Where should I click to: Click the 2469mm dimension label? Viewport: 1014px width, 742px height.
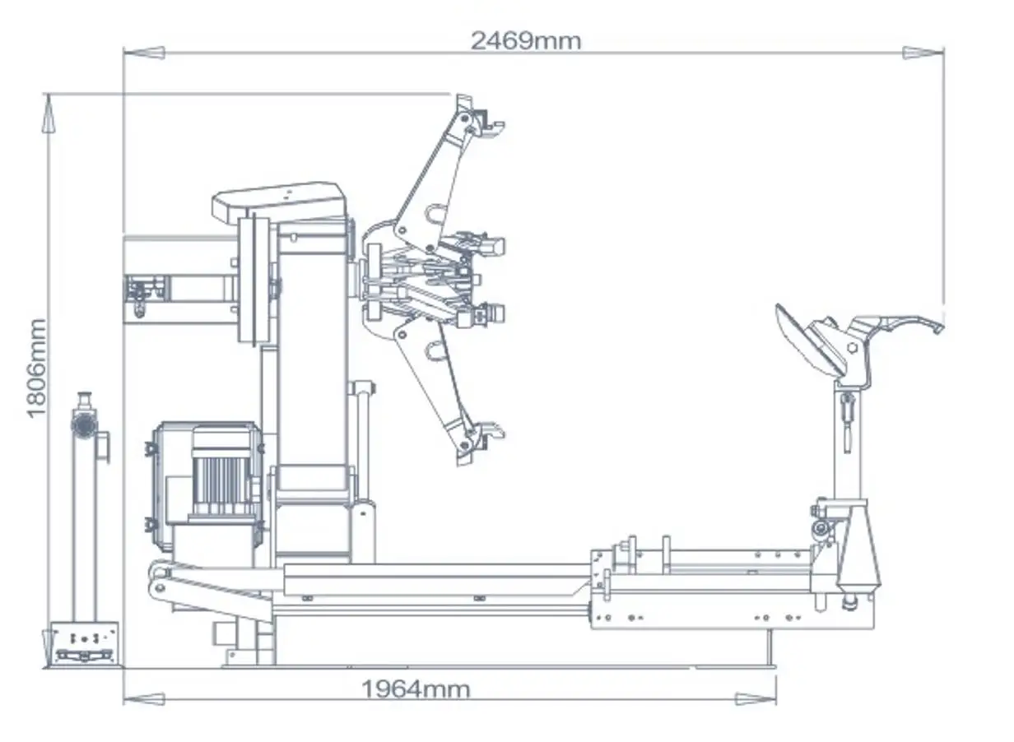[x=525, y=40]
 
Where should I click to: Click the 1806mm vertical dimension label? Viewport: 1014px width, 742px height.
[x=37, y=368]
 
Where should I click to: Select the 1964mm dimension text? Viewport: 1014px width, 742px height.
[x=416, y=688]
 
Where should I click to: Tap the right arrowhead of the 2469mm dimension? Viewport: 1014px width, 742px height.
[x=923, y=53]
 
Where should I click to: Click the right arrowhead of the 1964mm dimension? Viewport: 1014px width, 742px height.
[x=756, y=699]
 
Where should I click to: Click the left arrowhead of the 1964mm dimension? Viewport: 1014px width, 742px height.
[x=142, y=699]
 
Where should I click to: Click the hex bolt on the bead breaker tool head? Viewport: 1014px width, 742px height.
[x=853, y=348]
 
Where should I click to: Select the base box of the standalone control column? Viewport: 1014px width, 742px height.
[x=85, y=642]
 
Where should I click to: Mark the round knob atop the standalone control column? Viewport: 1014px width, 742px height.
[x=82, y=425]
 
